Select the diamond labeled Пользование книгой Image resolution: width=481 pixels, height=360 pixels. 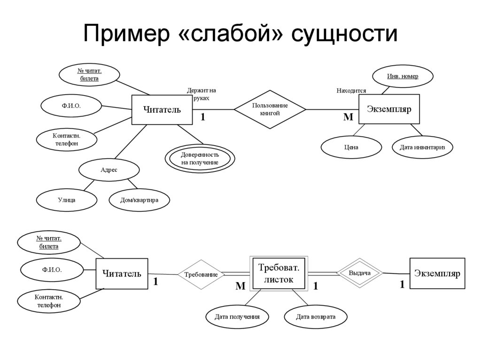(270, 109)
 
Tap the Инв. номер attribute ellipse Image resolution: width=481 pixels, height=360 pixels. (403, 76)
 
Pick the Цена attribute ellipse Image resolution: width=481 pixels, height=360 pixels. (351, 147)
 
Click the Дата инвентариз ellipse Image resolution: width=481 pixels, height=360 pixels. (422, 147)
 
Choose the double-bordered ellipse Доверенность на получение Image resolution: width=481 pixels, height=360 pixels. (200, 159)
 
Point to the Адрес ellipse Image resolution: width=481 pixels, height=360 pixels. (109, 170)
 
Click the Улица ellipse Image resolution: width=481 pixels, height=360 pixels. (67, 200)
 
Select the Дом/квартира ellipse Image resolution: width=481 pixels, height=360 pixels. (140, 200)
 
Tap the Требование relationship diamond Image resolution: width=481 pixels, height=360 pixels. (201, 275)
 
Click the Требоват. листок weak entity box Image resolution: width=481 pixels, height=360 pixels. (279, 273)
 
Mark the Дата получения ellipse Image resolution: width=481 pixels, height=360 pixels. (237, 317)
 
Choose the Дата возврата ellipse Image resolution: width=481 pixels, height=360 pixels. (316, 317)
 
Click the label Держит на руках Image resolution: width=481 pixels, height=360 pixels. (201, 94)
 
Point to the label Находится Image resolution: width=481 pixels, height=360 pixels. (351, 91)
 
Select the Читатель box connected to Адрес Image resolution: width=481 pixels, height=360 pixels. (162, 110)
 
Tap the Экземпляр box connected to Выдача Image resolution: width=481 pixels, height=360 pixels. (437, 273)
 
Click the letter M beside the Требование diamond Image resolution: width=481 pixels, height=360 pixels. (240, 286)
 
